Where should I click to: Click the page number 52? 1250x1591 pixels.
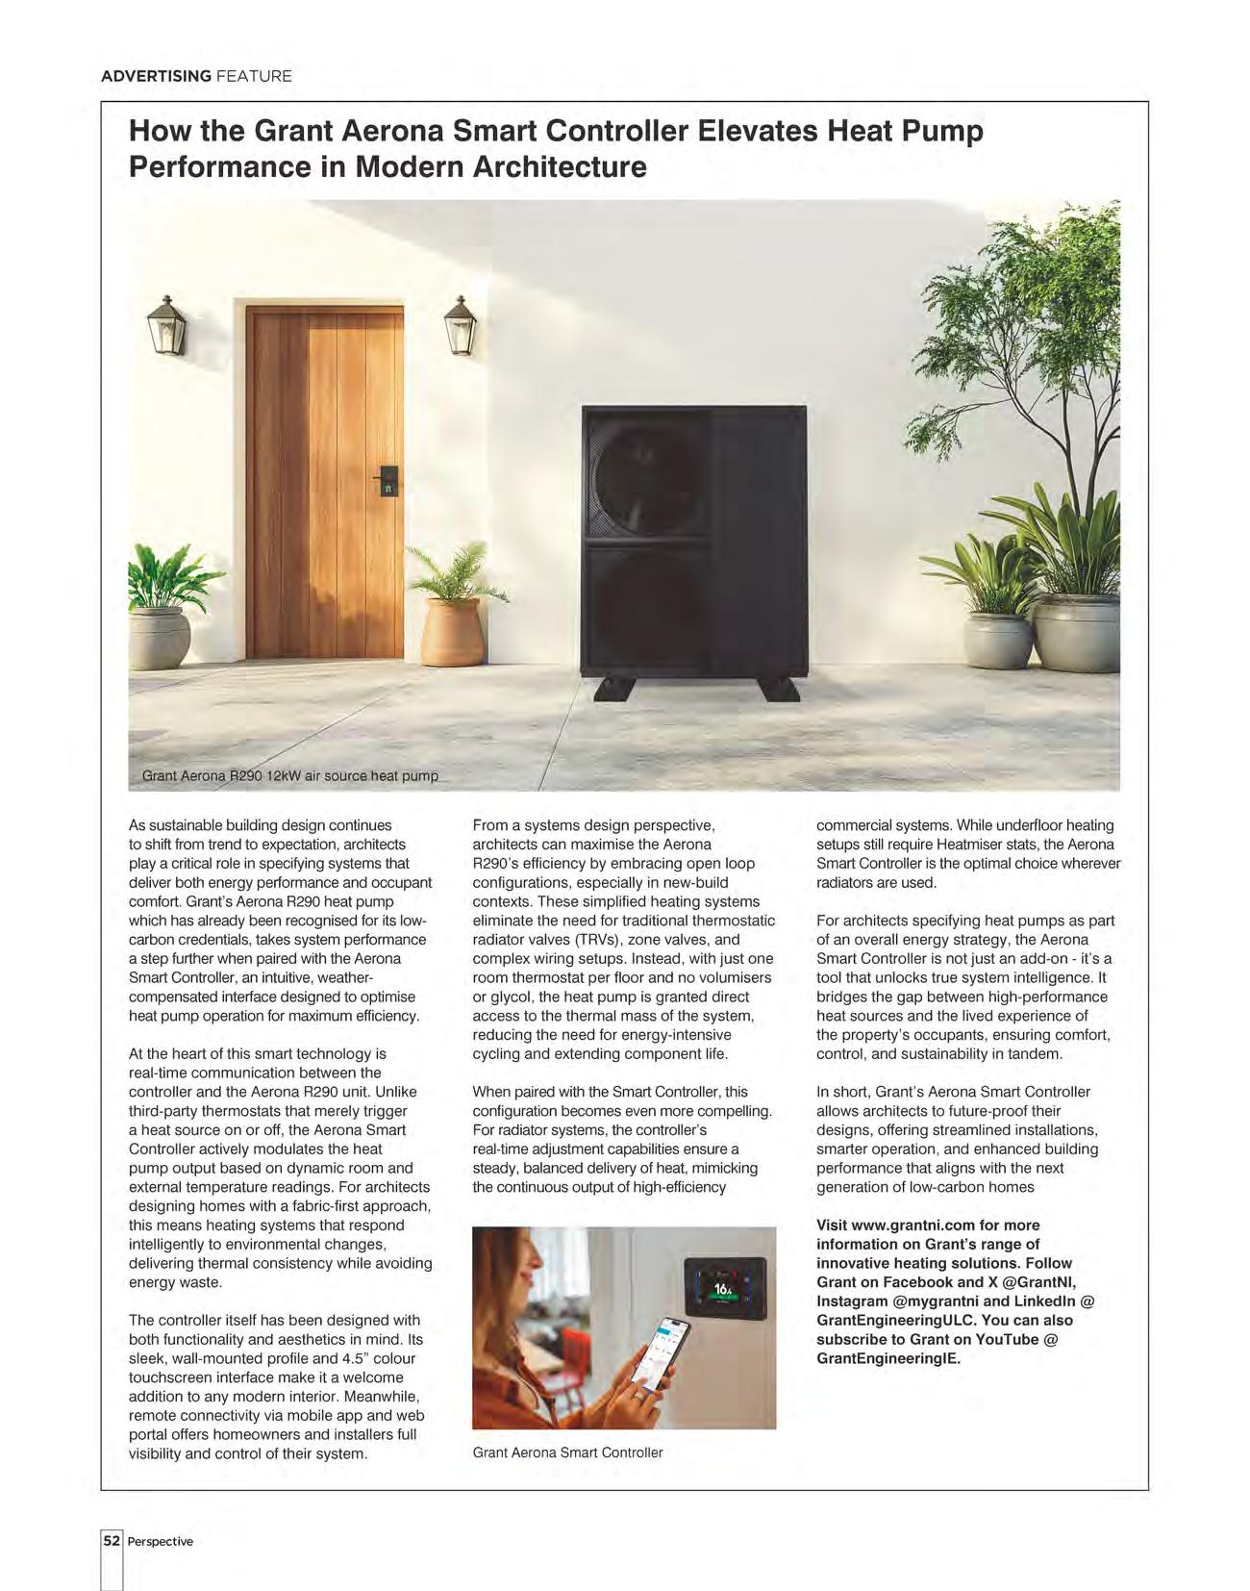pos(112,1540)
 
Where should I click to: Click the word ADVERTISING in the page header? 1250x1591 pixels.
pos(156,76)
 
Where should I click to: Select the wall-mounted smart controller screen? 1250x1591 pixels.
pos(724,1289)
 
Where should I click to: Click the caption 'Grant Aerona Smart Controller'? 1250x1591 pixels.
pos(567,1452)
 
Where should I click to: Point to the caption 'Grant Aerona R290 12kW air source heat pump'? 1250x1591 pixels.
pos(289,775)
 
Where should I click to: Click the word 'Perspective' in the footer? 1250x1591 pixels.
pos(161,1541)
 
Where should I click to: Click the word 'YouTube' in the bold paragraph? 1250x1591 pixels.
pos(1007,1339)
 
